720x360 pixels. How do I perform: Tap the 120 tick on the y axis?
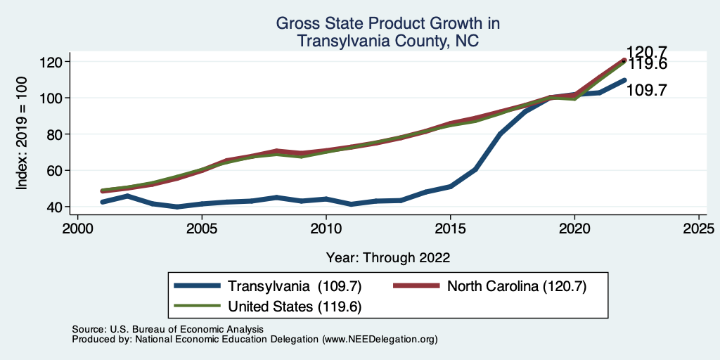(x=54, y=62)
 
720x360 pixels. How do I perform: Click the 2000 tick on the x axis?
(x=77, y=229)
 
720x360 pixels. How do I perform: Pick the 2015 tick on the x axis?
(x=450, y=229)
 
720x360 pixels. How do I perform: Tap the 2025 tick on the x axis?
(x=698, y=229)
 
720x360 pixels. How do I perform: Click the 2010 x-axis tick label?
(x=326, y=229)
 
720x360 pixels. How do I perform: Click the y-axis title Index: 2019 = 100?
(x=22, y=134)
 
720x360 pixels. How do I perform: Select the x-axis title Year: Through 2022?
(x=388, y=257)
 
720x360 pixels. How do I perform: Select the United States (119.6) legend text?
(x=295, y=306)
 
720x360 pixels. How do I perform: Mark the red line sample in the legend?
(x=416, y=285)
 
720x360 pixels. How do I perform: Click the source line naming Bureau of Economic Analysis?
(x=167, y=329)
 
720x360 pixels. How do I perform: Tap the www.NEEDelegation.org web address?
(x=379, y=339)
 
